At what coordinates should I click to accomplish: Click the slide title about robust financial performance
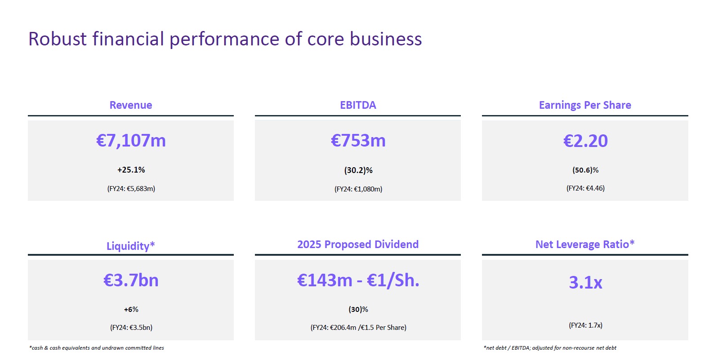pos(225,39)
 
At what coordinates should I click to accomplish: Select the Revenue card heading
pos(131,105)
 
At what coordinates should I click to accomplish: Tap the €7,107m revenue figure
pos(131,141)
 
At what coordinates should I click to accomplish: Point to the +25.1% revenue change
pos(131,170)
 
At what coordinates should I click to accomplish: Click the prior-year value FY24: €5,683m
pos(131,189)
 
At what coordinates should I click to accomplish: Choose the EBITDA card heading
pos(358,105)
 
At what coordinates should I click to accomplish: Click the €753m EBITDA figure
pos(358,141)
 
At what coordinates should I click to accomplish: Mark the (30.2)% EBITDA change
pos(358,170)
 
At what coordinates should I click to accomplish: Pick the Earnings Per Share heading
pos(585,105)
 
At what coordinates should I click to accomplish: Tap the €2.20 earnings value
pos(585,141)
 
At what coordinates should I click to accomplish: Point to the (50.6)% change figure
pos(585,170)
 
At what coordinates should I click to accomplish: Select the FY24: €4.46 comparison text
pos(585,188)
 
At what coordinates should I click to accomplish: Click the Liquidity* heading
pos(131,246)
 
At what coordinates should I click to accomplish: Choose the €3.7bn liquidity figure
pos(131,280)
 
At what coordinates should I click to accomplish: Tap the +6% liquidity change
pos(131,310)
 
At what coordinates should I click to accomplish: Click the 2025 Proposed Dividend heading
pos(358,244)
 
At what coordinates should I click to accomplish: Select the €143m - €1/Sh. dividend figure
pos(358,280)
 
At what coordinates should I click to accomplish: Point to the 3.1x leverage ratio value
pos(585,283)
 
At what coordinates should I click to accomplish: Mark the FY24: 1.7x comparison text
pos(585,325)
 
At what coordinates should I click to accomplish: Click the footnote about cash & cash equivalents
pos(97,348)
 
